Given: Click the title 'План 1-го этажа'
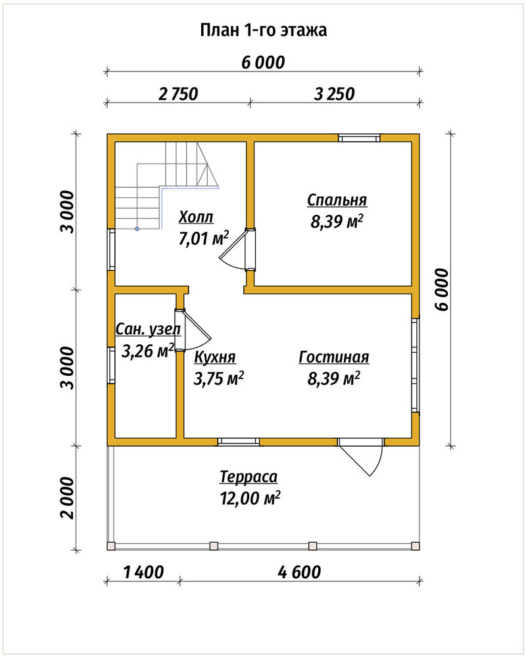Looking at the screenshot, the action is coord(264,31).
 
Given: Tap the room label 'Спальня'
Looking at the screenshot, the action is coord(337,200).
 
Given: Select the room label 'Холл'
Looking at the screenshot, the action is coord(196,217).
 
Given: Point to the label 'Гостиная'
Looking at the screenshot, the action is coord(334,357).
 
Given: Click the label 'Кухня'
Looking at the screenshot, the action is coord(215,357).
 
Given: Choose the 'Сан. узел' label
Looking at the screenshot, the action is coord(148,329).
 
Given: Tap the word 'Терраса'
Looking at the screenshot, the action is coord(249,477).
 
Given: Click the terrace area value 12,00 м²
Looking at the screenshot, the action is coord(250,498).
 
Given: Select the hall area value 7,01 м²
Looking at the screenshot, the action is coord(204,238).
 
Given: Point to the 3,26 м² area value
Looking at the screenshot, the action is coord(148,351).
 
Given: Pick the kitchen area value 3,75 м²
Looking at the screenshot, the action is coord(219,379).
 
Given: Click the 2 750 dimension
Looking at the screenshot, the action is coord(178,94).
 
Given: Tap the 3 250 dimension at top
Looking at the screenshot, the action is coord(334,94).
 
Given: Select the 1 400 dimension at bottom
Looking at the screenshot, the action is coord(144,572).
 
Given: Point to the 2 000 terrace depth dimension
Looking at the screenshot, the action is coord(67,498).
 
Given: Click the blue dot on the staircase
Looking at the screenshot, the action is coord(137,229).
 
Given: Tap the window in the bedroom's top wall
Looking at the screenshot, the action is coord(360,138).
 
